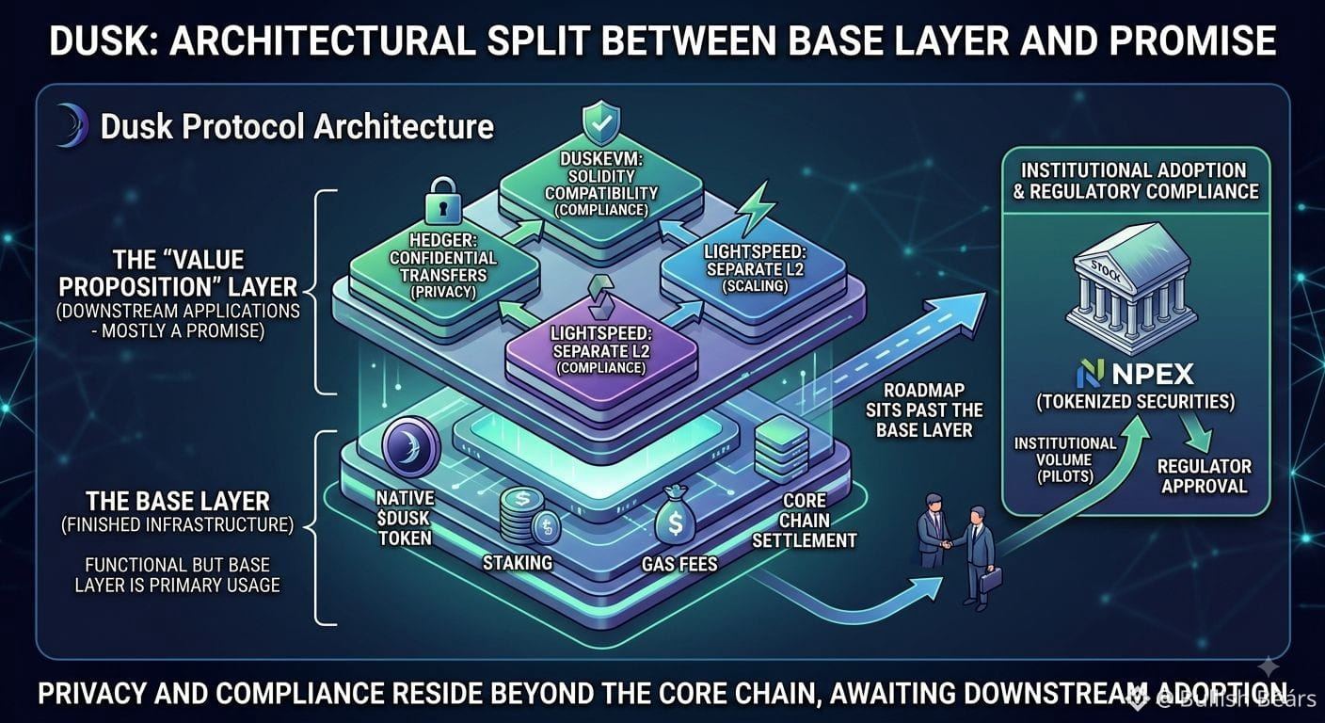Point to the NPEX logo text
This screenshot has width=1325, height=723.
[1135, 374]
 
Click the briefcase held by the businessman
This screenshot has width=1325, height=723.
[991, 580]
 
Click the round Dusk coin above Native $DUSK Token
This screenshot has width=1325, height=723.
[410, 446]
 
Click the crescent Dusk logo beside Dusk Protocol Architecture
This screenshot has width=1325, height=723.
[72, 125]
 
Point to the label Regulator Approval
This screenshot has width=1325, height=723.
[1204, 476]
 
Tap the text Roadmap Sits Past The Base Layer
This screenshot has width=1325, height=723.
[924, 410]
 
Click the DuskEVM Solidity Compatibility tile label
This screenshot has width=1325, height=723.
[601, 184]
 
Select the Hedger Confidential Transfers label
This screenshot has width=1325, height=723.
[443, 266]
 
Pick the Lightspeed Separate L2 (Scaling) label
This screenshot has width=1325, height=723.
[755, 268]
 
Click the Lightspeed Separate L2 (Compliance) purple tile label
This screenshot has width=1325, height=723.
[601, 349]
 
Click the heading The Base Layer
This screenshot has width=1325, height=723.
[178, 501]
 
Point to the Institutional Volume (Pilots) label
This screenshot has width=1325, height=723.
[1065, 459]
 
